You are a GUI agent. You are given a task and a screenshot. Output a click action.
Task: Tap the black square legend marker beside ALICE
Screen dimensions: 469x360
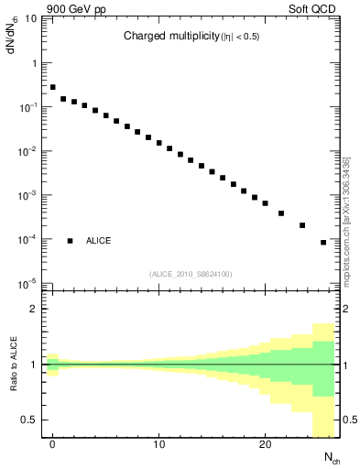(x=70, y=241)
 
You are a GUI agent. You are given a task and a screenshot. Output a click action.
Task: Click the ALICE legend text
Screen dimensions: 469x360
(x=99, y=241)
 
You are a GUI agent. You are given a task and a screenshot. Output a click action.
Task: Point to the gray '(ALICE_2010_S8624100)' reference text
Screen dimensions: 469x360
(x=190, y=274)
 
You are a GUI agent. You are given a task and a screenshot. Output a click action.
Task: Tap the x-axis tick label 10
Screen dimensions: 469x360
(x=158, y=446)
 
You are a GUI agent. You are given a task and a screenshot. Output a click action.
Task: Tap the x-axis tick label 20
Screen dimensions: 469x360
(x=265, y=446)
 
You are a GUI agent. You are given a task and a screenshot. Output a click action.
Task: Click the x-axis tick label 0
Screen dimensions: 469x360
(x=53, y=446)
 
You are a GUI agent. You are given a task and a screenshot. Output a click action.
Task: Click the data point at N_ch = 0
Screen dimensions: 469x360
(x=53, y=87)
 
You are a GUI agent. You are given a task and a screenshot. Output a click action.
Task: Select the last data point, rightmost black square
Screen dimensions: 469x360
(x=323, y=243)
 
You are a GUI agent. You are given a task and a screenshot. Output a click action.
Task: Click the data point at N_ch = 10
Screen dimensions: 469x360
(x=159, y=144)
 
